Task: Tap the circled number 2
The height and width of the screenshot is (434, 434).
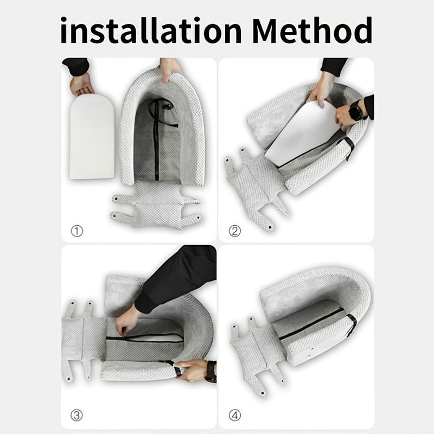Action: coord(234,231)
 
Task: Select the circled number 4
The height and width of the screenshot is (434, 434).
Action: coord(234,416)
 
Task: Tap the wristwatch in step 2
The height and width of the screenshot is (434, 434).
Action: coord(355,112)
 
